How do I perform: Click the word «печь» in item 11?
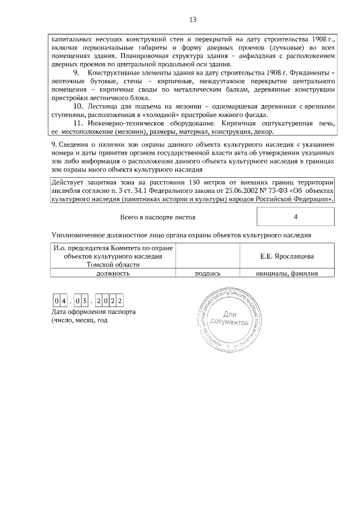pyautogui.click(x=326, y=123)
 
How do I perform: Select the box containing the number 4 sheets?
pyautogui.click(x=295, y=217)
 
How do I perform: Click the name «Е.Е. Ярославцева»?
pyautogui.click(x=287, y=256)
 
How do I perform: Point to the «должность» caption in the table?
pyautogui.click(x=113, y=273)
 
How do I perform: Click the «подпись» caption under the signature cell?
pyautogui.click(x=207, y=273)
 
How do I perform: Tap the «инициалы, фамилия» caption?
pyautogui.click(x=287, y=273)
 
